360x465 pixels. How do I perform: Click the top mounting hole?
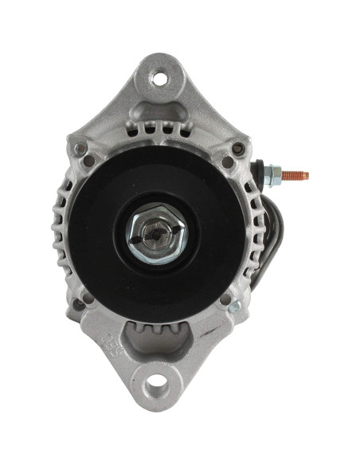[160, 78]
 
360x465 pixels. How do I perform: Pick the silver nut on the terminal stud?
[272, 175]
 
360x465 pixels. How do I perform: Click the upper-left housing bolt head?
[79, 149]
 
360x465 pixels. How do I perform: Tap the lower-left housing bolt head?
[80, 303]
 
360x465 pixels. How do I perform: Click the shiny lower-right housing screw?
[234, 307]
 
